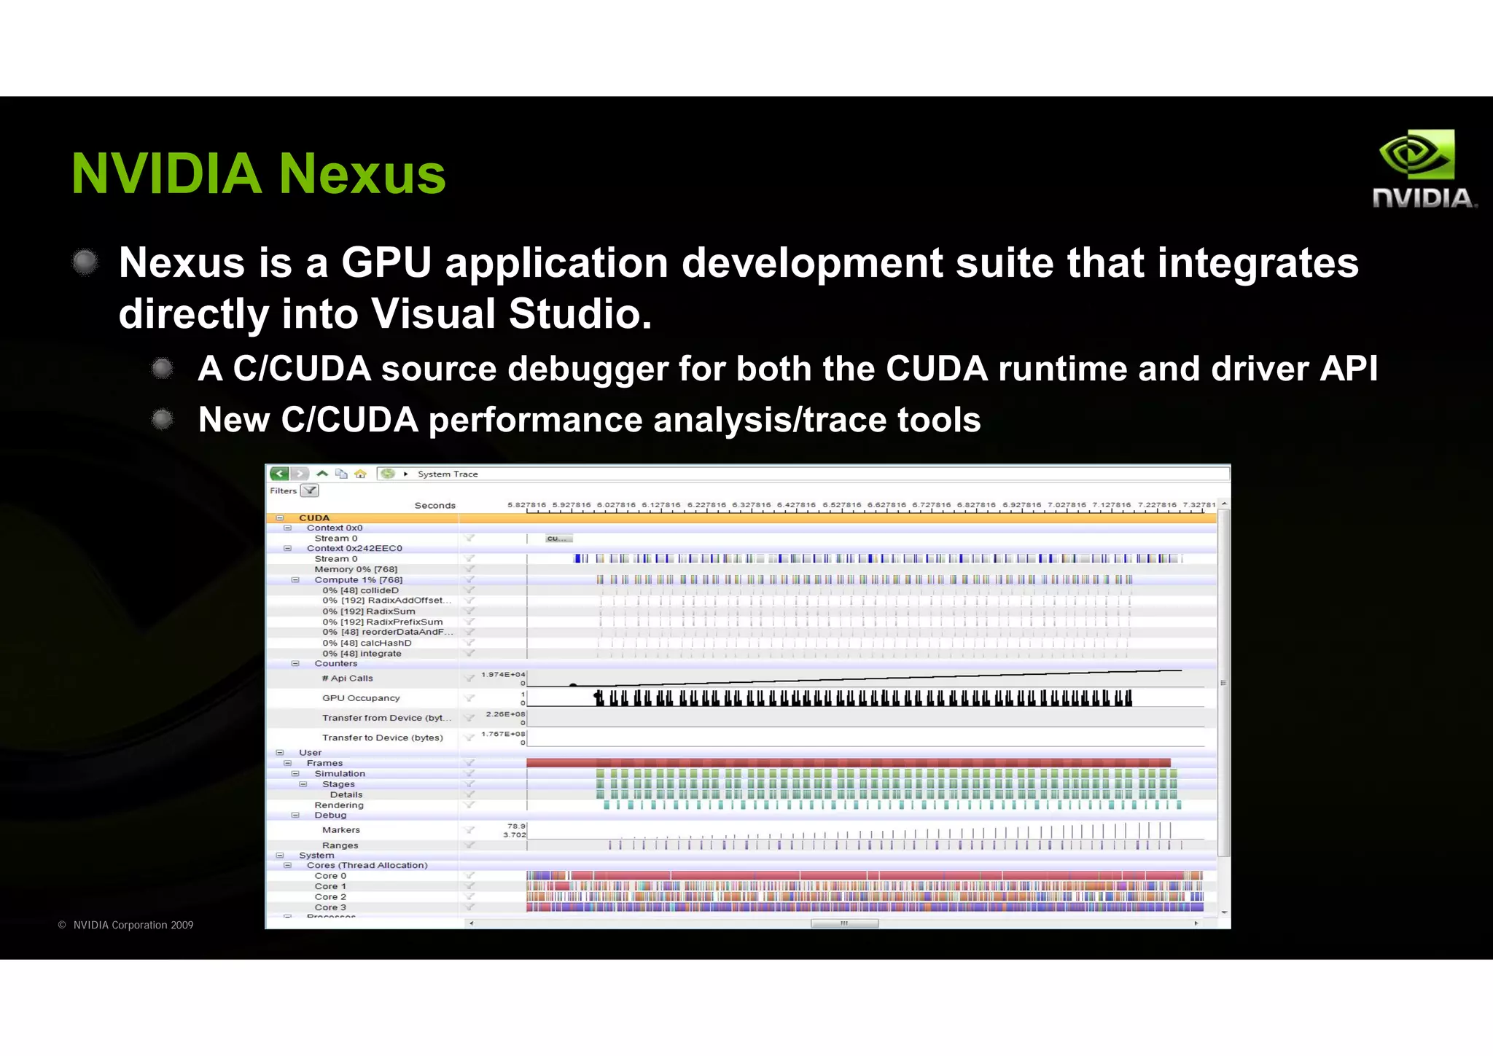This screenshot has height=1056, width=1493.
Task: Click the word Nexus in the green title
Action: [362, 174]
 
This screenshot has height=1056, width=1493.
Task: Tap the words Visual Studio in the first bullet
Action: [510, 313]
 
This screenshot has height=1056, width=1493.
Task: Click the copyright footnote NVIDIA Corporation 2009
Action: [132, 925]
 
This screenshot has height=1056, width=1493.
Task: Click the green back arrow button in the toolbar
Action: [279, 474]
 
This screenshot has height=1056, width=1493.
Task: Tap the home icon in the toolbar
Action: [360, 474]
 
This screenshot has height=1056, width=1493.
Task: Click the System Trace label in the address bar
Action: [448, 474]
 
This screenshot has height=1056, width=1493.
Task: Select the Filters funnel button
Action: [310, 490]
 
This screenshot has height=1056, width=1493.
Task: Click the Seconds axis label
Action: [434, 505]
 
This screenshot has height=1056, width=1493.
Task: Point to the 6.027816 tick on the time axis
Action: [616, 504]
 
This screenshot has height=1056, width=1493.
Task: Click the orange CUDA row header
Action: [314, 517]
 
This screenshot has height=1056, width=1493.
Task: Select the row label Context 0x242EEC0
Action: [354, 548]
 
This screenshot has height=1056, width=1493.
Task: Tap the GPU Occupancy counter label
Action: [361, 697]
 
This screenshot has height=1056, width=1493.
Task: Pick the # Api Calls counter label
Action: [348, 678]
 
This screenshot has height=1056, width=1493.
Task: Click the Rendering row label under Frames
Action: [339, 805]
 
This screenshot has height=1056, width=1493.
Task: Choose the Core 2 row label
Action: [330, 896]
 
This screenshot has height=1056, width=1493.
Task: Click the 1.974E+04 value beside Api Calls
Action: [502, 674]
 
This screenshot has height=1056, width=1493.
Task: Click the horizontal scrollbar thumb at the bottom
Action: [844, 923]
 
